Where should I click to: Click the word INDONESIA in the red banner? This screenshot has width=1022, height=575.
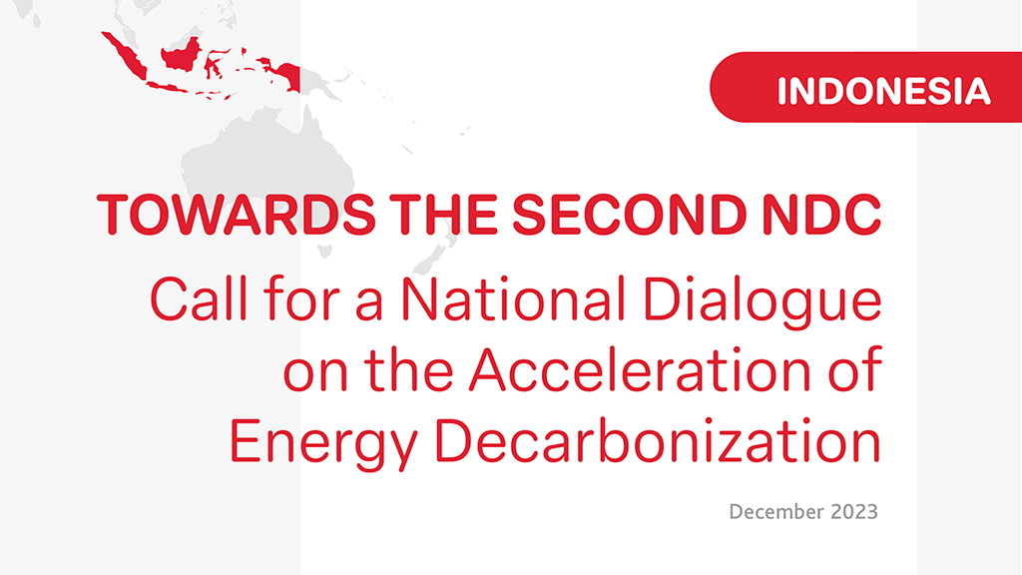pyautogui.click(x=884, y=91)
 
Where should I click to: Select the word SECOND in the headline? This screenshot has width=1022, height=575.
pyautogui.click(x=630, y=214)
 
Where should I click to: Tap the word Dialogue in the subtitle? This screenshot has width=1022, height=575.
pyautogui.click(x=763, y=303)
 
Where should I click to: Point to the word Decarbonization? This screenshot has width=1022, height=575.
pyautogui.click(x=658, y=440)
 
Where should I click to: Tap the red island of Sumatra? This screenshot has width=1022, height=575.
pyautogui.click(x=125, y=56)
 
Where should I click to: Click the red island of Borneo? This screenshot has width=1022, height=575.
pyautogui.click(x=182, y=55)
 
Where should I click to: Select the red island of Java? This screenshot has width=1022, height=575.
pyautogui.click(x=171, y=88)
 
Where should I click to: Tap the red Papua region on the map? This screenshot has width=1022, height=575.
pyautogui.click(x=283, y=76)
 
